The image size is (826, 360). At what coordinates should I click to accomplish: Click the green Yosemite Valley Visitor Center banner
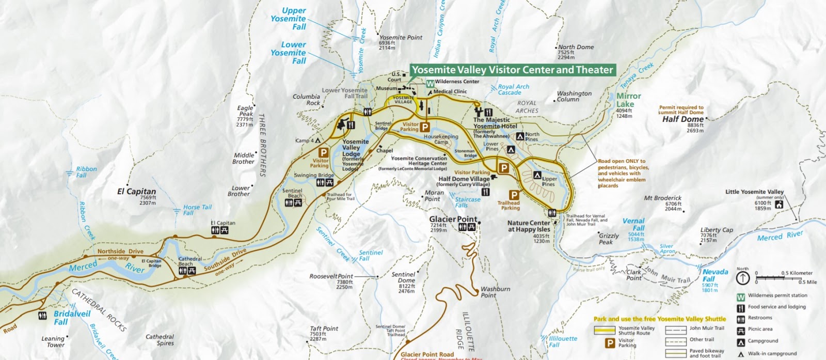[x=512, y=70]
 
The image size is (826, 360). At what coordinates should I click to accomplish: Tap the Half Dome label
[x=682, y=119]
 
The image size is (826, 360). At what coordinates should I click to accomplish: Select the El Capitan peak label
[x=136, y=191]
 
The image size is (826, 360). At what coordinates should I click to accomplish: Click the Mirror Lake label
[x=628, y=100]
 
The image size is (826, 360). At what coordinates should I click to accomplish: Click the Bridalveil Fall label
[x=72, y=318]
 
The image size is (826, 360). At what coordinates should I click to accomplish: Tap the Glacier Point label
[x=453, y=219]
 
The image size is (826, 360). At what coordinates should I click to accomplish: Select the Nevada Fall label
[x=715, y=275]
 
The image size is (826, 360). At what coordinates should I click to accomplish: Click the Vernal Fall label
[x=633, y=224]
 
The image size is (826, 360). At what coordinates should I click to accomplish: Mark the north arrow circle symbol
[x=742, y=278]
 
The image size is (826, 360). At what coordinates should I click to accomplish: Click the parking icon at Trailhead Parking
[x=514, y=195]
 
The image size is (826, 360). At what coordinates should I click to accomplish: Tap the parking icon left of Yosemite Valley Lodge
[x=323, y=152]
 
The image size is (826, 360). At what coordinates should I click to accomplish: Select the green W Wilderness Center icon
[x=430, y=83]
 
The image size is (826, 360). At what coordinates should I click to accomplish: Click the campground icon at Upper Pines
[x=537, y=175]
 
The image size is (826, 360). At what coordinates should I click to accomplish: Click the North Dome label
[x=576, y=47]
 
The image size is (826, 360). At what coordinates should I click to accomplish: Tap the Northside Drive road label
[x=120, y=252]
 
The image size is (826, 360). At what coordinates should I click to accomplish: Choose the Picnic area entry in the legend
[x=760, y=329]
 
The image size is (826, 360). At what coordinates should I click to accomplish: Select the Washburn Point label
[x=495, y=292]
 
